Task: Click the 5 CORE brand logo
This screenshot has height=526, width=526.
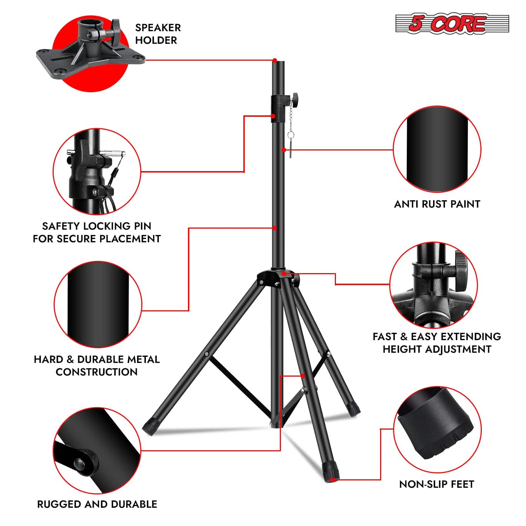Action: point(452,24)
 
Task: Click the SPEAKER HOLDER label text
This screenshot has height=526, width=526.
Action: point(158,34)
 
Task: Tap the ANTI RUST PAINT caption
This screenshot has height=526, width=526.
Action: point(437,204)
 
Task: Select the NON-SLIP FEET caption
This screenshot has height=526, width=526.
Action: point(437,484)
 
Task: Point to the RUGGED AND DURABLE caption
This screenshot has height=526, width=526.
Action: point(97,504)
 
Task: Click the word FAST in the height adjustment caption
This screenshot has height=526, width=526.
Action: point(384,337)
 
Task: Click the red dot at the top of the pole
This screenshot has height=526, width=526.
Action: point(275,60)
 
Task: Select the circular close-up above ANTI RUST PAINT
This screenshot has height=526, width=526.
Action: point(437,150)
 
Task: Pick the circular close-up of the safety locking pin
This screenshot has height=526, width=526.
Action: point(97,172)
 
